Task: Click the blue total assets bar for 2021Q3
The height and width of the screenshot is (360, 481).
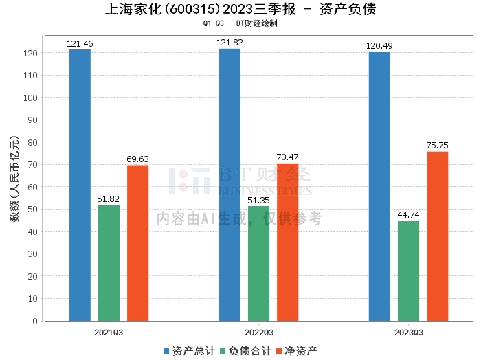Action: [x=80, y=185]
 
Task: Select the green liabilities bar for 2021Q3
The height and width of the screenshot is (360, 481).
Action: [x=109, y=262]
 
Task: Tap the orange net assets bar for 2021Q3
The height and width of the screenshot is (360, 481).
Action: [x=137, y=243]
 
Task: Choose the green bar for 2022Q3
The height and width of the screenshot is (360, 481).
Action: [x=258, y=263]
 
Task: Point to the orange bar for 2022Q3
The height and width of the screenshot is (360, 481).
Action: [x=287, y=242]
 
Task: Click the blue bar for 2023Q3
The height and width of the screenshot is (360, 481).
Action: [x=379, y=185]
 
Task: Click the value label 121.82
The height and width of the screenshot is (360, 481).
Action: [x=230, y=43]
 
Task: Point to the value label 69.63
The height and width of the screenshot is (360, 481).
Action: [x=137, y=159]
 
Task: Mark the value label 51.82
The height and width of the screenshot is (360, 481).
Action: [x=109, y=199]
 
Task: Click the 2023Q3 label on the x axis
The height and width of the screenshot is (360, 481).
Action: [x=408, y=332]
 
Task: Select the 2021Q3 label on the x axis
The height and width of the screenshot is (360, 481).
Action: [x=109, y=332]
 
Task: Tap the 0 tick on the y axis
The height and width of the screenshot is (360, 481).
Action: [x=34, y=321]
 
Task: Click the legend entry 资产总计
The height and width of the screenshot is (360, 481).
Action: [x=187, y=351]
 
